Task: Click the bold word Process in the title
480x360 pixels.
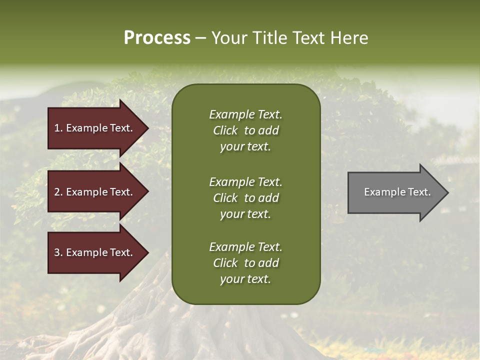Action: (157, 38)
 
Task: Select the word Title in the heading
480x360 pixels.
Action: (270, 38)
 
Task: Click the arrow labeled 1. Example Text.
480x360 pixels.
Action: (95, 128)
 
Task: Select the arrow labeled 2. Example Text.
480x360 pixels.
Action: (95, 192)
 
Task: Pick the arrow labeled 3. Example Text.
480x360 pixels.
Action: (95, 252)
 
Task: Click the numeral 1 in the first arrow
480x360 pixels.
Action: (57, 128)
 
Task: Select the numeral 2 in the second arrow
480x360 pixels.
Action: (57, 192)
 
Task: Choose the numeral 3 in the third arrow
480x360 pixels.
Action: (57, 252)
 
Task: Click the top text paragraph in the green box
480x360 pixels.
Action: (245, 130)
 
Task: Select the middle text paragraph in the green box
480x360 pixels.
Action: (245, 198)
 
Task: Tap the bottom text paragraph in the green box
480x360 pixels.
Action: (245, 263)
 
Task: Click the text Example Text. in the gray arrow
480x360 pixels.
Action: (397, 192)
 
